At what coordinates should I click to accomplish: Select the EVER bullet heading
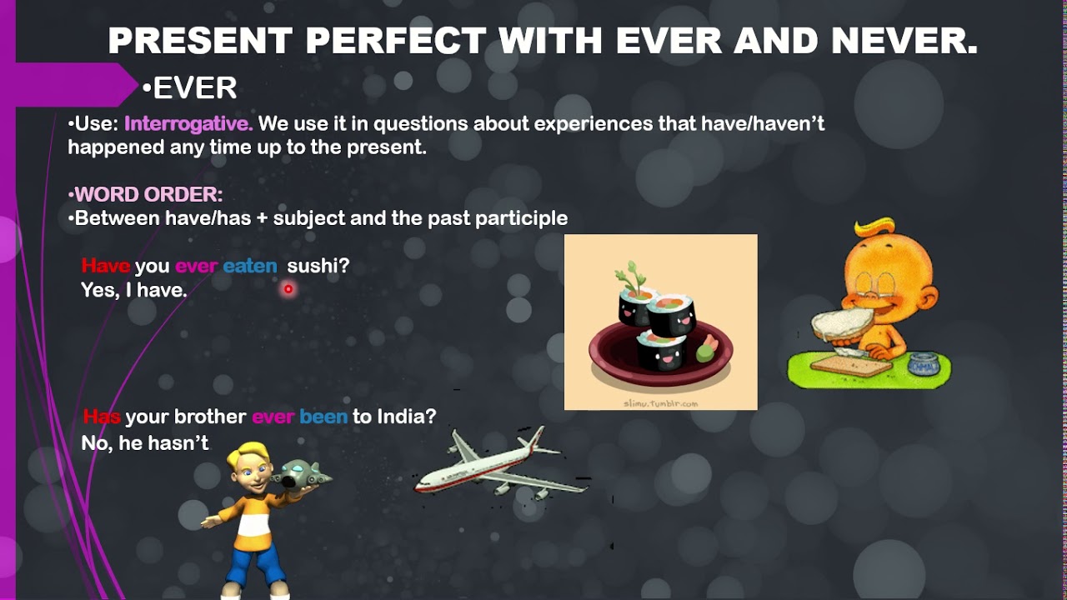[194, 87]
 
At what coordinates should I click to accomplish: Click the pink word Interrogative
[188, 124]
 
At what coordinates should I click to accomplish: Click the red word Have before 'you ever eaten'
[106, 266]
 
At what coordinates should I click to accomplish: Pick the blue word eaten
[249, 266]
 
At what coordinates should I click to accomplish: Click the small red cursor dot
[288, 289]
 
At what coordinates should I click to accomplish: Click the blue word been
[323, 417]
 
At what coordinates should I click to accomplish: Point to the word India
[405, 417]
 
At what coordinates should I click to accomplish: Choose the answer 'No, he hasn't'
[145, 443]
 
